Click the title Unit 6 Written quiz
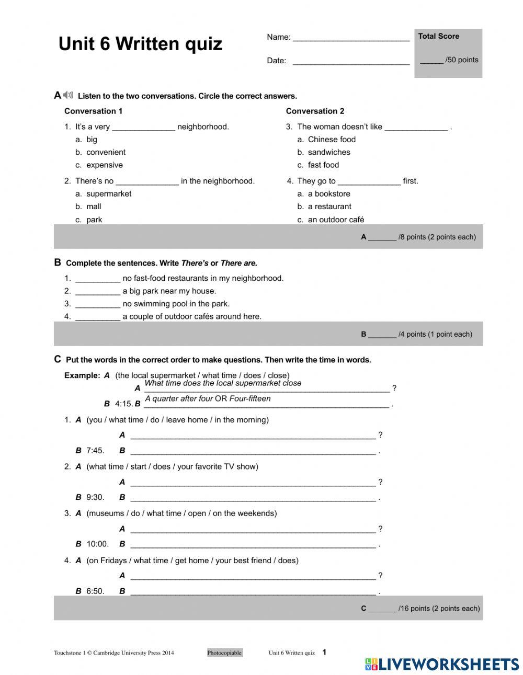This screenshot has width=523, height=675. pyautogui.click(x=140, y=44)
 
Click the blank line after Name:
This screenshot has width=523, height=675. pyautogui.click(x=351, y=38)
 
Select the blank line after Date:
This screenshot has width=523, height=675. pyautogui.click(x=351, y=61)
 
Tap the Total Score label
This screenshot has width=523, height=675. pyautogui.click(x=438, y=36)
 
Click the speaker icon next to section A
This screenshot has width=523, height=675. pyautogui.click(x=69, y=95)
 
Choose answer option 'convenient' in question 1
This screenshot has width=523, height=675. pyautogui.click(x=106, y=152)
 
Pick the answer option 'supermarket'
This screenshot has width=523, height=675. pyautogui.click(x=109, y=193)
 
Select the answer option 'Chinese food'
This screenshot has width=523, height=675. pyautogui.click(x=332, y=140)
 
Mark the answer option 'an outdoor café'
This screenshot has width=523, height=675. pyautogui.click(x=336, y=220)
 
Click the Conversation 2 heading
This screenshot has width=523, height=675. pyautogui.click(x=315, y=111)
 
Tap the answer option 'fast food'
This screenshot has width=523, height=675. pyautogui.click(x=323, y=165)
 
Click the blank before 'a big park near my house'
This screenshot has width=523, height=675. pyautogui.click(x=98, y=292)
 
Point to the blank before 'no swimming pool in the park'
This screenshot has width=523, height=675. pyautogui.click(x=98, y=304)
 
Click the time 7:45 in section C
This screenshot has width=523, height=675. pyautogui.click(x=95, y=451)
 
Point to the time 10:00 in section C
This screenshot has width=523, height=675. pyautogui.click(x=97, y=544)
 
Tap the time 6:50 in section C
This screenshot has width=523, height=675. pyautogui.click(x=95, y=591)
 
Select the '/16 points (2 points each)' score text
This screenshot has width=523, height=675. pyautogui.click(x=439, y=609)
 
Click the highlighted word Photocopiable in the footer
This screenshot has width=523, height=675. pyautogui.click(x=224, y=653)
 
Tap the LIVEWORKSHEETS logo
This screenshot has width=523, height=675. pyautogui.click(x=442, y=664)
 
